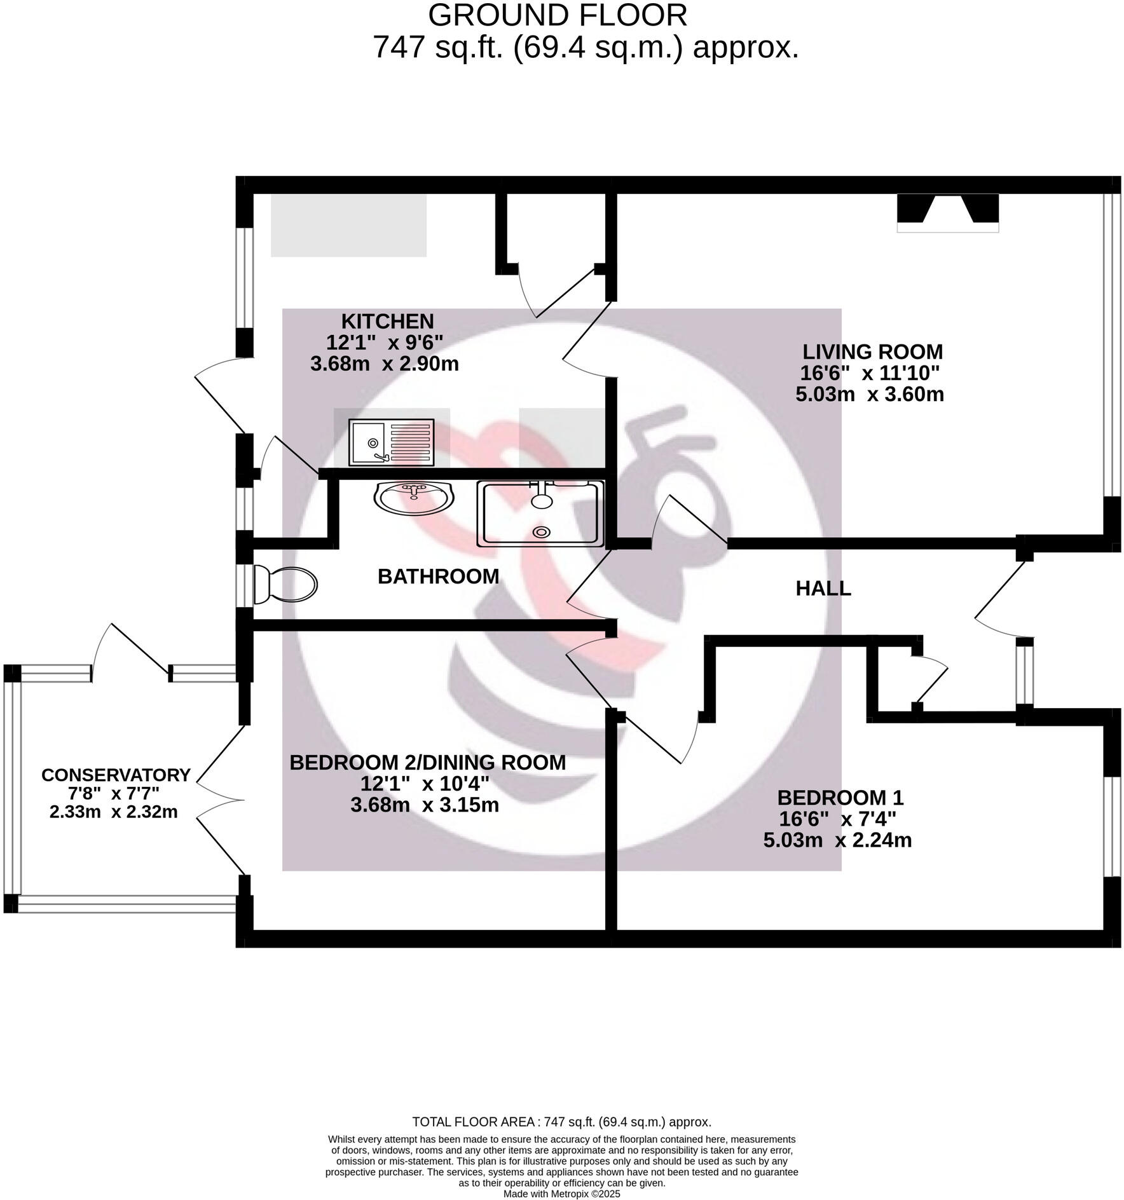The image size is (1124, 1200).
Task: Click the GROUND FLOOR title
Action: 557,16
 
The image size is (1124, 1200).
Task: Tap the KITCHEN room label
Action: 387,321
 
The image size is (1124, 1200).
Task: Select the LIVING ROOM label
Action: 872,351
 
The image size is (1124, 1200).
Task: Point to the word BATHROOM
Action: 438,576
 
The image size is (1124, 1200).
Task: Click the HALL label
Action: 823,589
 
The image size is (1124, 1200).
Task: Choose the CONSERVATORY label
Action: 116,775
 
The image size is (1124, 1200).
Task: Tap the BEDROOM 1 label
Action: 839,797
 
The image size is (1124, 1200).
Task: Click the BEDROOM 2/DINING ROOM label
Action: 427,762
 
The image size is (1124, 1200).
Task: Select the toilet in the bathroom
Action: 285,585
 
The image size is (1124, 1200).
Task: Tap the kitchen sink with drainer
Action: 391,442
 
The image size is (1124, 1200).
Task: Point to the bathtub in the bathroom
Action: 540,514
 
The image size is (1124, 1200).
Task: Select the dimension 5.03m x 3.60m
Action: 869,394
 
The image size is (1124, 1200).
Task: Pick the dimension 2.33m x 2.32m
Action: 113,812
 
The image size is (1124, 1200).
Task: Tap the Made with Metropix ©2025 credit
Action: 561,1194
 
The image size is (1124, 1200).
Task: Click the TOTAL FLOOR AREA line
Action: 561,1122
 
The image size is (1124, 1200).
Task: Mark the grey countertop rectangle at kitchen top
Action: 348,226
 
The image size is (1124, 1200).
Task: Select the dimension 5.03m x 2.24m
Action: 837,840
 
